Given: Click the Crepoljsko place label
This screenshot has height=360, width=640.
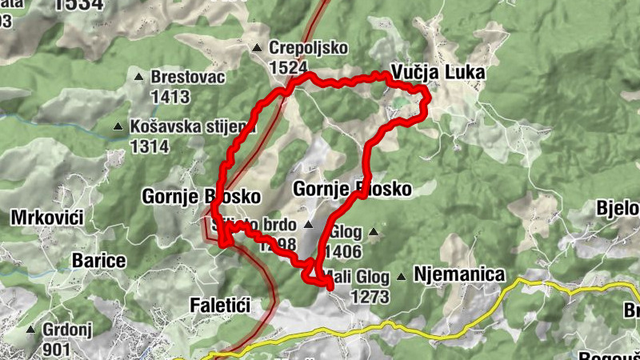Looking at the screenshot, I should tap(300, 49).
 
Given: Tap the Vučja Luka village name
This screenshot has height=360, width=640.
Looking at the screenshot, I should tap(438, 72).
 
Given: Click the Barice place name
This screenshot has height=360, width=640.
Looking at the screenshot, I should tap(99, 261).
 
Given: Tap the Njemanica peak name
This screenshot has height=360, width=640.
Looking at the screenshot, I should tap(460, 276).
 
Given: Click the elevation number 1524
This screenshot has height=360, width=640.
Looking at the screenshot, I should tap(289, 68).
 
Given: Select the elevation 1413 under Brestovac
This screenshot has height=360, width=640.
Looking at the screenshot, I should tap(170, 98).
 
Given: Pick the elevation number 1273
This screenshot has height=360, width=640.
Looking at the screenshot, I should tap(370, 297).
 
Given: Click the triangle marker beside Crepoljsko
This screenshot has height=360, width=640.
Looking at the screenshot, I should tap(257, 49).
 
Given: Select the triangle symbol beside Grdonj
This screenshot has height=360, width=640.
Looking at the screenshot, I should tap(31, 329).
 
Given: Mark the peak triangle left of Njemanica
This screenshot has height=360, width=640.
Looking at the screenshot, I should tap(402, 277).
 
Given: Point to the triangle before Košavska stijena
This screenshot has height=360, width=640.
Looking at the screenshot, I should tap(118, 126).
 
